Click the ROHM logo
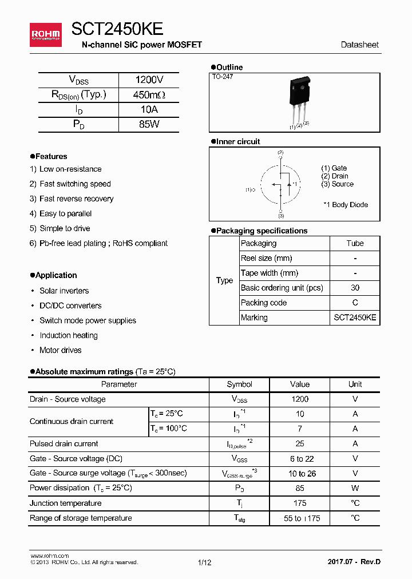[x=45, y=35]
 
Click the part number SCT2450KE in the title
[x=117, y=29]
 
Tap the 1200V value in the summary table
[x=149, y=80]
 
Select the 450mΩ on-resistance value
[x=149, y=95]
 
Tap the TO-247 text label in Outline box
[x=223, y=76]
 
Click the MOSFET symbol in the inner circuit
[x=280, y=185]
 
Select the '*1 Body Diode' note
[x=345, y=204]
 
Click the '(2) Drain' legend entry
[x=335, y=176]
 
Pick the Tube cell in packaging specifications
[x=355, y=243]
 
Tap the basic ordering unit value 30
[x=355, y=288]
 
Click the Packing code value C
[x=355, y=303]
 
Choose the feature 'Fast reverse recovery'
[x=76, y=199]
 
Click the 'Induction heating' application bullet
[x=68, y=335]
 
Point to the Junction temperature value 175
[x=299, y=503]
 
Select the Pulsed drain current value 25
[x=299, y=443]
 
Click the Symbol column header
[x=239, y=384]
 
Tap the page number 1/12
[x=204, y=562]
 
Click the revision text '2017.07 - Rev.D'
[x=354, y=562]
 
